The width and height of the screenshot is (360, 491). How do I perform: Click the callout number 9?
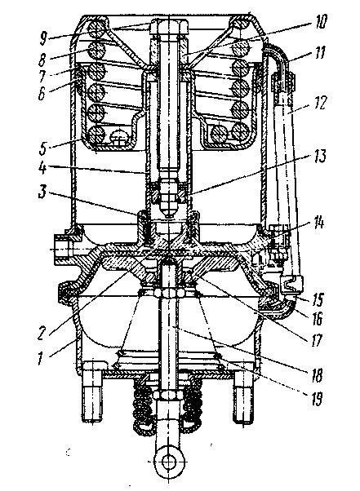43,38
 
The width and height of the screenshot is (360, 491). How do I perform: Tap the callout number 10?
319,21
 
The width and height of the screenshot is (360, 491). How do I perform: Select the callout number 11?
319,52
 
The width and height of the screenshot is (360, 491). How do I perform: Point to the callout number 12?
319,103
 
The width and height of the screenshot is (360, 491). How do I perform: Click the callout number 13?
318,156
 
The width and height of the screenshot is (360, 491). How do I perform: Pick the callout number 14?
318,223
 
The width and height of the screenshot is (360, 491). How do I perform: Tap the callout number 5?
43,148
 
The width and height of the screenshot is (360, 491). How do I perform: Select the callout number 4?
43,168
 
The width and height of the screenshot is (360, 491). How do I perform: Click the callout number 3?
42,192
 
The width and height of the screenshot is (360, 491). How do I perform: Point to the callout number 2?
42,333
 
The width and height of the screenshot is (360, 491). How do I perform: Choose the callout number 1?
40,357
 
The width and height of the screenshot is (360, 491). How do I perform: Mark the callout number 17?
317,340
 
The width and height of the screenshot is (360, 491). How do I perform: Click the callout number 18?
317,374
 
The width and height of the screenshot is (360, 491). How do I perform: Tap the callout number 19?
317,399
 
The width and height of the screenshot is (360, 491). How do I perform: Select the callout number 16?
317,318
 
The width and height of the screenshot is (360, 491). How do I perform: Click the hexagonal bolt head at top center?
169,28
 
